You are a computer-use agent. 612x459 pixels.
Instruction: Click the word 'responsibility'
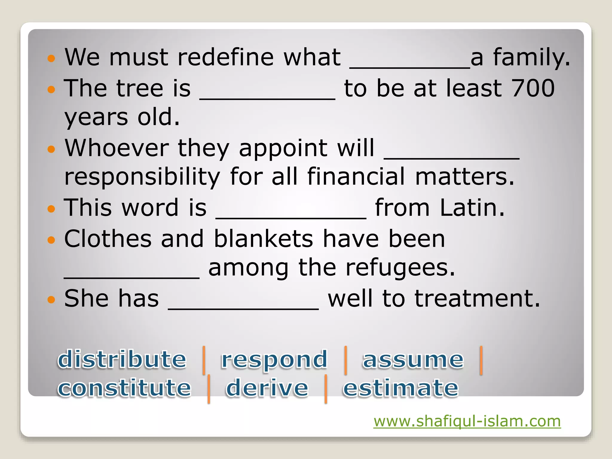(x=142, y=177)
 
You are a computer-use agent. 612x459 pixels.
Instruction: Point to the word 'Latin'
(x=472, y=207)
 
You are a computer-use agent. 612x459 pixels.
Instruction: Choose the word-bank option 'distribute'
(x=122, y=359)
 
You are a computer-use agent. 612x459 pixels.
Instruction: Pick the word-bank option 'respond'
(x=274, y=359)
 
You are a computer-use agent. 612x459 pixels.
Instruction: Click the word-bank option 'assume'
(x=413, y=359)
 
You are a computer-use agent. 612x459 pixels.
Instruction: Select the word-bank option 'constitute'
(x=124, y=388)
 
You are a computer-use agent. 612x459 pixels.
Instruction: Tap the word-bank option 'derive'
(x=267, y=388)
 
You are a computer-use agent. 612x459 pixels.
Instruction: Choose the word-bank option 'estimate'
(x=400, y=388)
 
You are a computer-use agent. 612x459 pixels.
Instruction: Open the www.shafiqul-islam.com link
(x=467, y=421)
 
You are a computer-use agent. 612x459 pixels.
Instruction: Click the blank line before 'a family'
(x=410, y=67)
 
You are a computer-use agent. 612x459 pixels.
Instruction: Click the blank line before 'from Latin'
(x=291, y=218)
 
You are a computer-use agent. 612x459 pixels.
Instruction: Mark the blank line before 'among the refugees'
(x=132, y=277)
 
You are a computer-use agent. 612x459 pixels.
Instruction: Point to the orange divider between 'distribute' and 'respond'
(x=204, y=360)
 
